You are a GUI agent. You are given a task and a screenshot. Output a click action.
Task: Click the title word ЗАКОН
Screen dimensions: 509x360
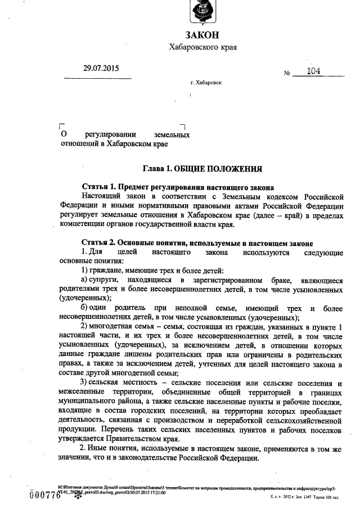202,34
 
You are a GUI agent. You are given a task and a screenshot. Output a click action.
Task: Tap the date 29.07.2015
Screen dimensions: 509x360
102,69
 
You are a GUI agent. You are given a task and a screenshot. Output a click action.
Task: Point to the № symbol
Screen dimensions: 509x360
287,74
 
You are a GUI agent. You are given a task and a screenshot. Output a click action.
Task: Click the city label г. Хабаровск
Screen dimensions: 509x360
206,82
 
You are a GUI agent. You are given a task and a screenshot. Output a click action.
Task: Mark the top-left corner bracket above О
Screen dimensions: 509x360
62,127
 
